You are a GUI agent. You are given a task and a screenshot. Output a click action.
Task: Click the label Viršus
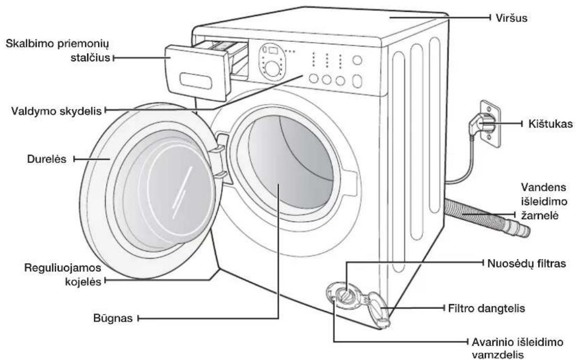coord(512,18)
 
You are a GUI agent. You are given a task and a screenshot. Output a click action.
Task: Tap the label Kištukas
coord(550,124)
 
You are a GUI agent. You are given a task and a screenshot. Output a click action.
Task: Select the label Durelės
coord(46,159)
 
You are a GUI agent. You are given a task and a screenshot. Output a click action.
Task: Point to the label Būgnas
coord(113,318)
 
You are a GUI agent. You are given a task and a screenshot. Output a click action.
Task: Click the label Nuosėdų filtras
coord(526,264)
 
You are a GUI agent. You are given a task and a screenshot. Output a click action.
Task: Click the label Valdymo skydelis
coord(56,111)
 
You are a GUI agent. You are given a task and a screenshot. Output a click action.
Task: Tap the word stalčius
coord(90,58)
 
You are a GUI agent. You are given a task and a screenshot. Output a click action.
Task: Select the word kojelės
coord(83,282)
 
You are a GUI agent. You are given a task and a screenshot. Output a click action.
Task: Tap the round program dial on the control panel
coord(272,69)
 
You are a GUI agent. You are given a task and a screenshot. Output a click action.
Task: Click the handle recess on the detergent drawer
coord(196,80)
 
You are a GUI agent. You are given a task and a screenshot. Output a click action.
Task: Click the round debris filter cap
coord(345,294)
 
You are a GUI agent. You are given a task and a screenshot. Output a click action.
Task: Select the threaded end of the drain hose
coord(518,228)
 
